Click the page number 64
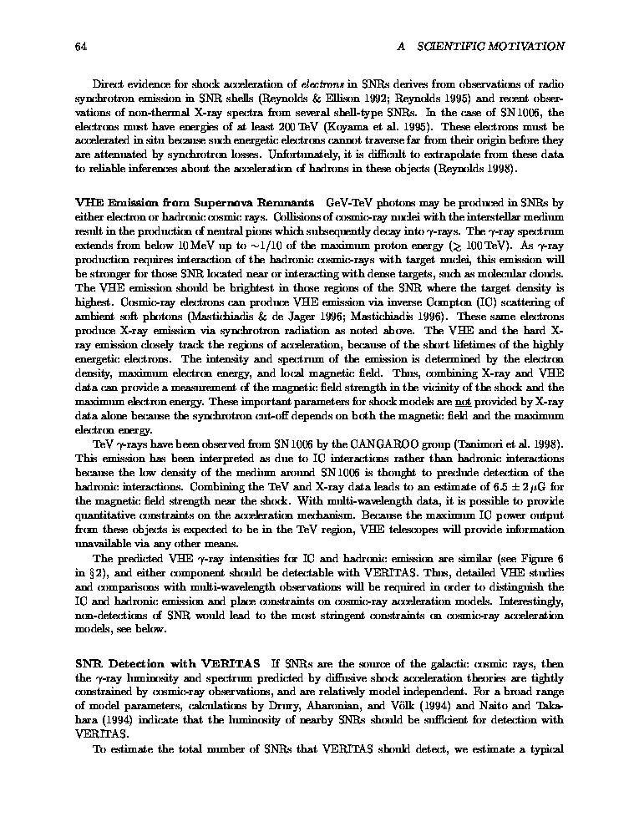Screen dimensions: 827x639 (81, 46)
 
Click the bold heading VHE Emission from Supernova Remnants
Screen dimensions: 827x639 (195, 203)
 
